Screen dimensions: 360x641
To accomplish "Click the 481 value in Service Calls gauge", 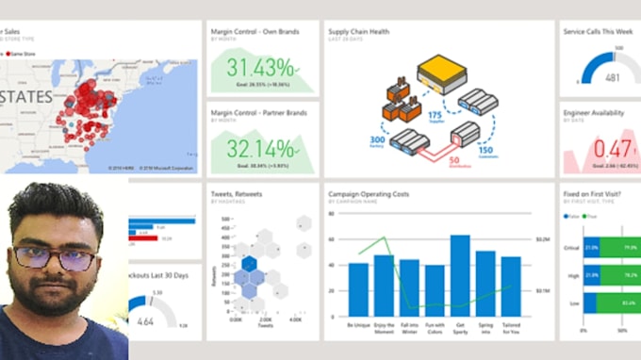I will tap(612, 77).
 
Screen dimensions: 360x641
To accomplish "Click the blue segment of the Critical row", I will tap(591, 248).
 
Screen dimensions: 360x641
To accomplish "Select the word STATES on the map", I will tap(27, 98).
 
